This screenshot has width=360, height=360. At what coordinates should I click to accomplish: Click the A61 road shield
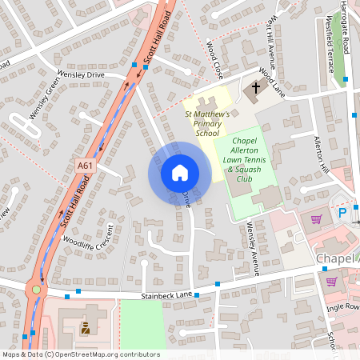coord(85,166)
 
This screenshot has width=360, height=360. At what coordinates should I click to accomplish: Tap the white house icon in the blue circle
coord(180,172)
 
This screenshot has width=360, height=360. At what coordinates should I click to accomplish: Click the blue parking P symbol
coord(343,213)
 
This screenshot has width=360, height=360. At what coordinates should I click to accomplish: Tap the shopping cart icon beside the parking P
coord(317,218)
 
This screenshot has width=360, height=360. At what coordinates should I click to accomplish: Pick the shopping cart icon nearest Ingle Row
coord(331,281)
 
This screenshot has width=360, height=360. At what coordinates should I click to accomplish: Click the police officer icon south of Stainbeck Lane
coord(86,328)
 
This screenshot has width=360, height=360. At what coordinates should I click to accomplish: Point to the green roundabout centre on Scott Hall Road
coord(35,290)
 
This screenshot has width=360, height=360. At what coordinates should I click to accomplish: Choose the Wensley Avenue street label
coord(253,249)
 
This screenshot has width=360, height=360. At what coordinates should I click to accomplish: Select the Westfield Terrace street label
coord(330,48)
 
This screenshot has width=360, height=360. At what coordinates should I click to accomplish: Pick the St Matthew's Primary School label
coord(207,124)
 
